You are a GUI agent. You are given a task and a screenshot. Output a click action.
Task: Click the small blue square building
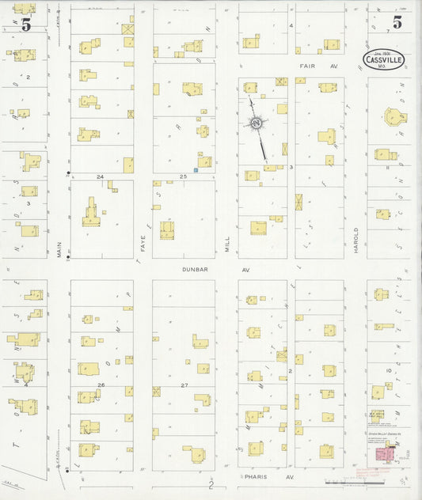195,169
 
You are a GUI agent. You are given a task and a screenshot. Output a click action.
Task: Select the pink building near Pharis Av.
385,456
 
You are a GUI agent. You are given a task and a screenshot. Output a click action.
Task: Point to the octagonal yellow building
393,117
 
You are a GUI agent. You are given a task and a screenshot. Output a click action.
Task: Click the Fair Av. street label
316,66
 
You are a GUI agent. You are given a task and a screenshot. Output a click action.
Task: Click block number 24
101,176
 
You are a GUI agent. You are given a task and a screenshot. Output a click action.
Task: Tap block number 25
183,176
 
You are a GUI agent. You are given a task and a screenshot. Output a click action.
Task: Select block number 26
101,384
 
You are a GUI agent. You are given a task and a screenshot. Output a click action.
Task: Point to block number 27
183,384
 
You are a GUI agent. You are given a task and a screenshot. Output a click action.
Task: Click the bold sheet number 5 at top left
26,25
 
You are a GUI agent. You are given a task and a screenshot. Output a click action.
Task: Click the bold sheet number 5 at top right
397,23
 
